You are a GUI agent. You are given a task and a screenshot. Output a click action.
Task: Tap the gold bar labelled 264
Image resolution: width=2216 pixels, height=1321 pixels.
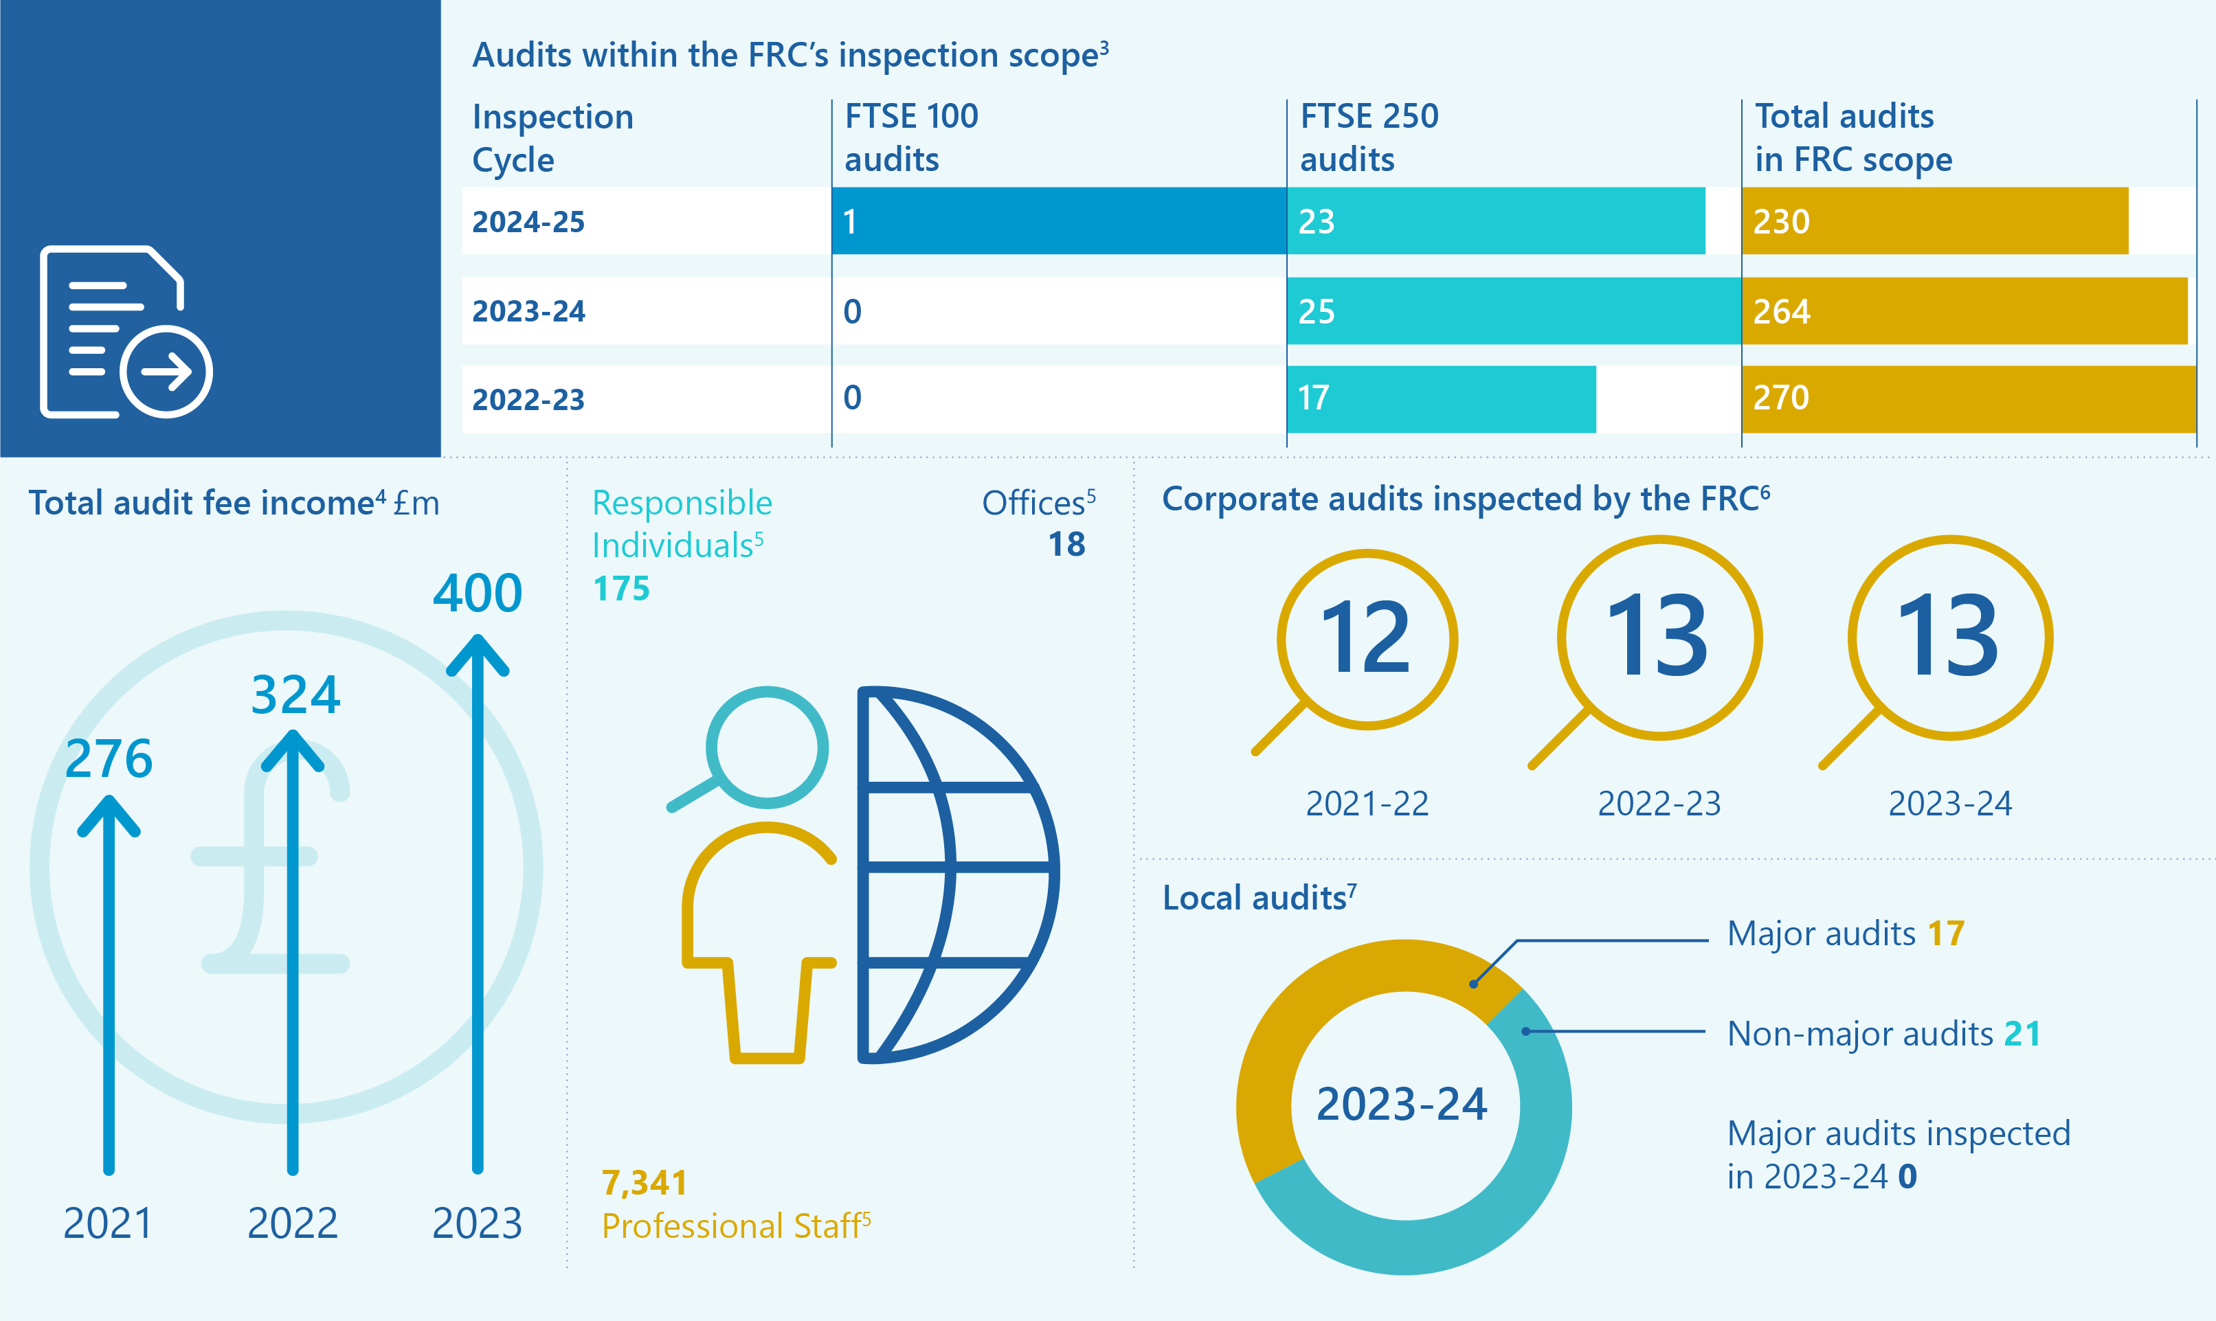point(1963,311)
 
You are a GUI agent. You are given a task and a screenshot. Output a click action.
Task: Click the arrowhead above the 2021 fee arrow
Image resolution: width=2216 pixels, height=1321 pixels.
point(109,815)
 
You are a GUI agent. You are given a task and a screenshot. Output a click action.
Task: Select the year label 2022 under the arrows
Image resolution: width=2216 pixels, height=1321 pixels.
point(292,1223)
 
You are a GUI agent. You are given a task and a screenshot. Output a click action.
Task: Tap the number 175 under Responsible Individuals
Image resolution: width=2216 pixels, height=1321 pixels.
point(620,589)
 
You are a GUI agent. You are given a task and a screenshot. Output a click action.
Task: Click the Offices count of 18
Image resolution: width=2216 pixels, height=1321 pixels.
point(1066,544)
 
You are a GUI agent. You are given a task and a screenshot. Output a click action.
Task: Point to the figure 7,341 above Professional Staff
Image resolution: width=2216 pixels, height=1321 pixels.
point(644,1182)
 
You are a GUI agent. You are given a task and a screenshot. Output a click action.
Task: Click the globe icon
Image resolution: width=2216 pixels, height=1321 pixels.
point(957,874)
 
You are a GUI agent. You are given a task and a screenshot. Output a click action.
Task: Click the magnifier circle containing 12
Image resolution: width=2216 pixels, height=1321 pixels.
point(1366,638)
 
